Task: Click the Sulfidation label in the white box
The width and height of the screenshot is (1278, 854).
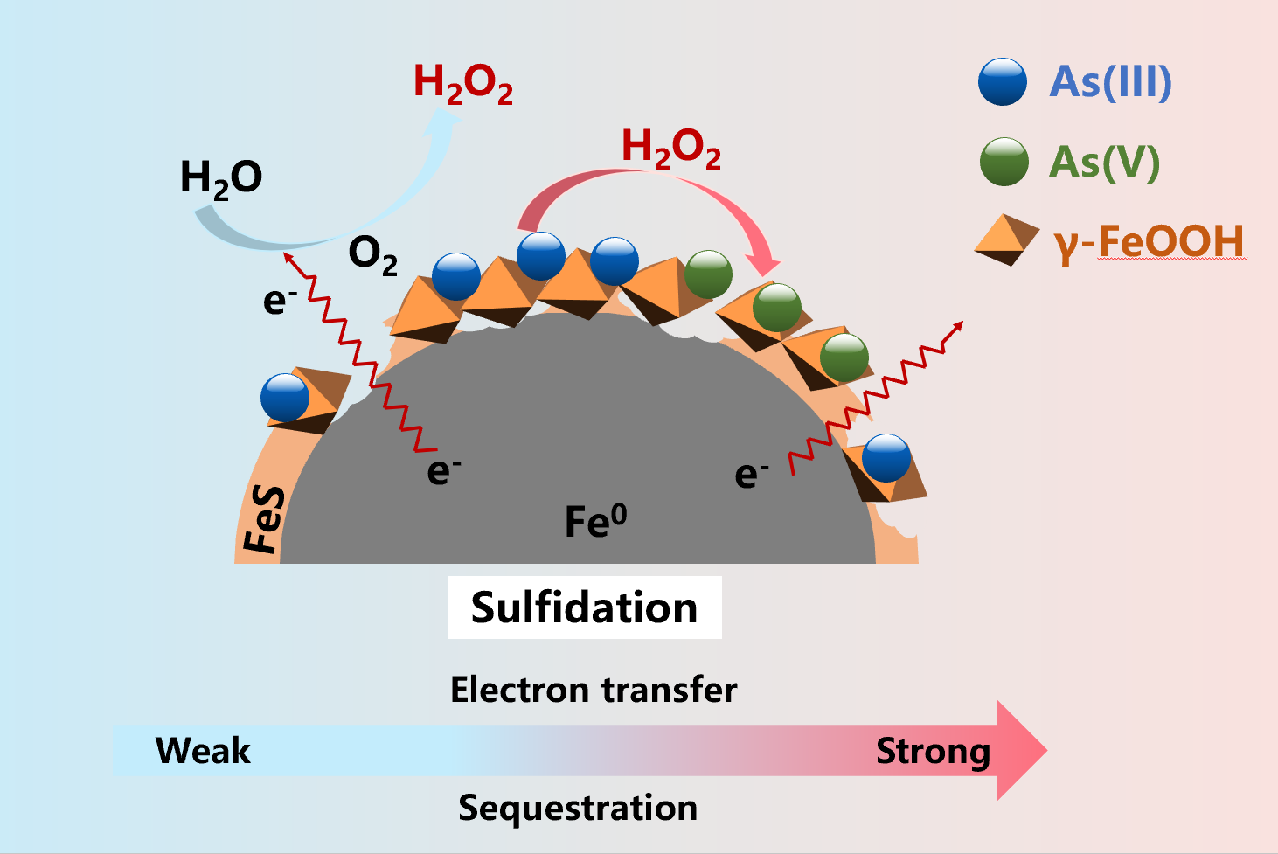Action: pos(584,608)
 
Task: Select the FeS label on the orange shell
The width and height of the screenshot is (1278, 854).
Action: pos(264,521)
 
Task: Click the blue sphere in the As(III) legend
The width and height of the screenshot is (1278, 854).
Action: pos(1003,82)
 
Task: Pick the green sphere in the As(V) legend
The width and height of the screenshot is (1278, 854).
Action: pos(1004,162)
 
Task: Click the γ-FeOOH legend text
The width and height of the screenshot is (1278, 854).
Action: pos(1149,243)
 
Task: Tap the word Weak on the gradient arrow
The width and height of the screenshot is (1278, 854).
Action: pos(203,751)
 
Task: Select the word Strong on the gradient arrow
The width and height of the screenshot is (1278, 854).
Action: pos(933,751)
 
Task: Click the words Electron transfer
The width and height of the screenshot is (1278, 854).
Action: pos(594,690)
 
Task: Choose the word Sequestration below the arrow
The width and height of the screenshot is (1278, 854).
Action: pos(578,808)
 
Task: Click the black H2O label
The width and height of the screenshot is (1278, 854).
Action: pos(220,178)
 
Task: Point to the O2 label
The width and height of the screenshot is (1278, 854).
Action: pos(372,255)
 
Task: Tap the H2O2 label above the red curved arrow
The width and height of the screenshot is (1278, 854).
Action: pos(670,148)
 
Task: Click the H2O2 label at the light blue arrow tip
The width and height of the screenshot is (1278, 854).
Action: pos(462,84)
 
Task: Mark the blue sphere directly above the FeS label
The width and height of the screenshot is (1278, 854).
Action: pos(285,398)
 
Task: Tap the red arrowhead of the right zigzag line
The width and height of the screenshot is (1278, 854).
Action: pos(958,326)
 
